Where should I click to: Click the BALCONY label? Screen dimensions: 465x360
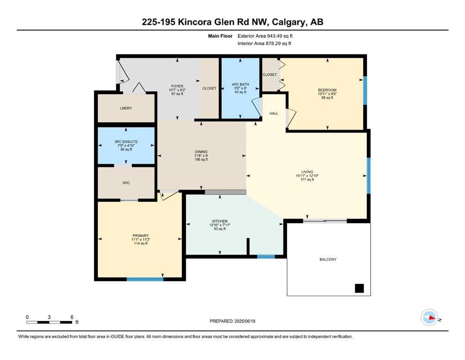point(328,259)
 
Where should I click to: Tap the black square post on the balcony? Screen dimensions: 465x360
point(360,288)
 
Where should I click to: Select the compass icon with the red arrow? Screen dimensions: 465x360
point(429,317)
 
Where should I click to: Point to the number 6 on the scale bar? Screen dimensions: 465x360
point(72,317)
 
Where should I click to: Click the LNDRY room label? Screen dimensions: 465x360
point(126,108)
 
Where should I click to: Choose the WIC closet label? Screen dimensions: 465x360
point(126,183)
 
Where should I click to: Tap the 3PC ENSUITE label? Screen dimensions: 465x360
point(126,142)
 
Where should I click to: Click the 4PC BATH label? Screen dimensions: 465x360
point(241,84)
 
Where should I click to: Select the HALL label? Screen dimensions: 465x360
point(274,113)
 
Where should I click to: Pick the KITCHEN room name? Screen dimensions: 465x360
point(220,221)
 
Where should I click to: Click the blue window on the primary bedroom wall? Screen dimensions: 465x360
point(145,279)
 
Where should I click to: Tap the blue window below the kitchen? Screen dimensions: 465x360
point(266,257)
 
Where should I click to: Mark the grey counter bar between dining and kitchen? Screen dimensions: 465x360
point(225,192)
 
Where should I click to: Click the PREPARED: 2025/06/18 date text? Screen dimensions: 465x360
point(232,321)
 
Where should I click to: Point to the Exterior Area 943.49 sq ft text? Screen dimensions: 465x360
point(265,36)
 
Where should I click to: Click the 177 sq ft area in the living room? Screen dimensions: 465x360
point(307,180)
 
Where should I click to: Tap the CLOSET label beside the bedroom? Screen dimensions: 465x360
point(270,75)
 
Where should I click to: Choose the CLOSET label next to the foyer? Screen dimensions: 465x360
point(209,89)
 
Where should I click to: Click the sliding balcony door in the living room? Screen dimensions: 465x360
point(325,220)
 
